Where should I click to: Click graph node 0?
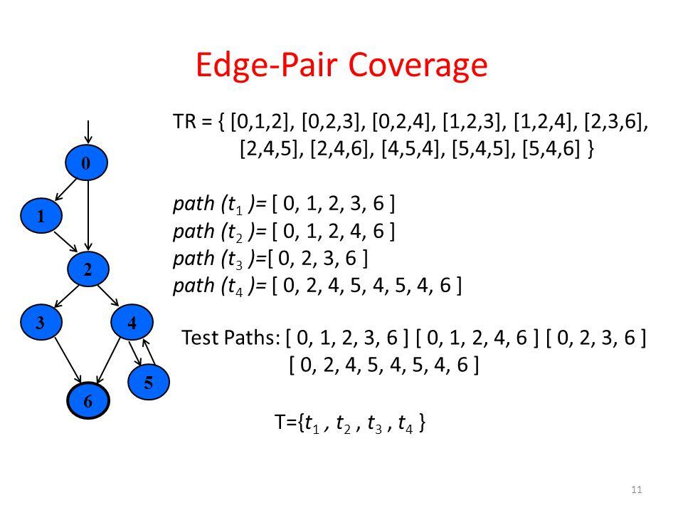[87, 162]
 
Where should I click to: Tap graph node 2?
[87, 268]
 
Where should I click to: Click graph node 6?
[87, 400]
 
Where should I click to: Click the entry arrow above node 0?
[87, 133]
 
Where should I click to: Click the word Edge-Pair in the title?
[260, 66]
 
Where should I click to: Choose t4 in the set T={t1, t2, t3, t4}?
[408, 424]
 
